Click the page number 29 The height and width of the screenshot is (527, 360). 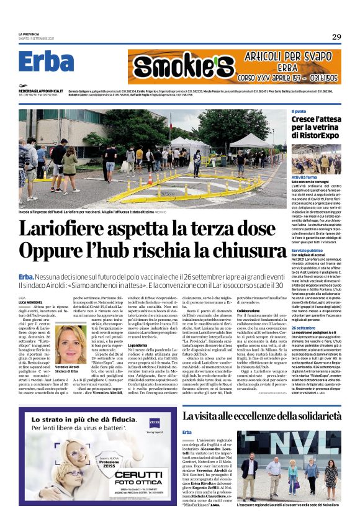[336, 37]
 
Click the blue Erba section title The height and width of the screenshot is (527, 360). [47, 62]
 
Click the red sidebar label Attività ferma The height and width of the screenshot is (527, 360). [305, 177]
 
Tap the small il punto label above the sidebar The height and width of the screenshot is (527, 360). [299, 110]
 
